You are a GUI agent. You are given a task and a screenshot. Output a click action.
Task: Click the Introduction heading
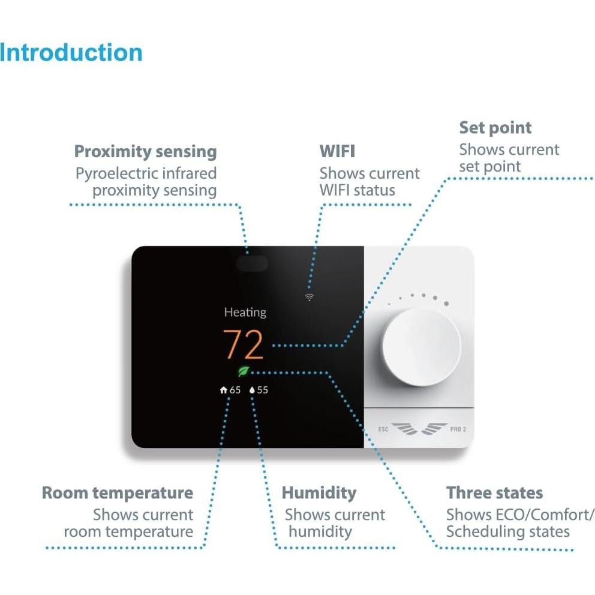pos(71,52)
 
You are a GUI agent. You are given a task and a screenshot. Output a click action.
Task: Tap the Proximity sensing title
pos(145,151)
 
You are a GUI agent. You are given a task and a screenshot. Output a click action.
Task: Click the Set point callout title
pos(495,127)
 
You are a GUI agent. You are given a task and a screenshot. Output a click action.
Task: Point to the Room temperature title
pos(118,493)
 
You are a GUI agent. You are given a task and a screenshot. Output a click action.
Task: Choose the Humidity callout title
pos(319,493)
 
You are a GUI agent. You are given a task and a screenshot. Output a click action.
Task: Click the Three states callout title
pos(494,493)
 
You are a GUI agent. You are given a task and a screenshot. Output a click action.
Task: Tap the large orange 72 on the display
pos(244,344)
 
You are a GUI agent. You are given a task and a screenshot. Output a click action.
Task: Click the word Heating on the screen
pos(245,312)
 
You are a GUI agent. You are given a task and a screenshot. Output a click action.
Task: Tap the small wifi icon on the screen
pos(309,297)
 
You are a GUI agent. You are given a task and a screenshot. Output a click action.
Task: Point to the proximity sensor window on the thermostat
pos(251,264)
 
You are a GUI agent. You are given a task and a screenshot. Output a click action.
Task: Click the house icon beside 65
pos(224,390)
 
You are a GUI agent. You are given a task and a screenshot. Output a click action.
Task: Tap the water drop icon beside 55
pos(253,390)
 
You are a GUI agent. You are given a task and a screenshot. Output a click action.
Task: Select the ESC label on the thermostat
pos(383,429)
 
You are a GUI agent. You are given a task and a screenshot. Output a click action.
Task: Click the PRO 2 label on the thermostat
pos(458,429)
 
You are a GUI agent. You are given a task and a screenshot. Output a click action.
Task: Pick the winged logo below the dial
pos(420,428)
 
